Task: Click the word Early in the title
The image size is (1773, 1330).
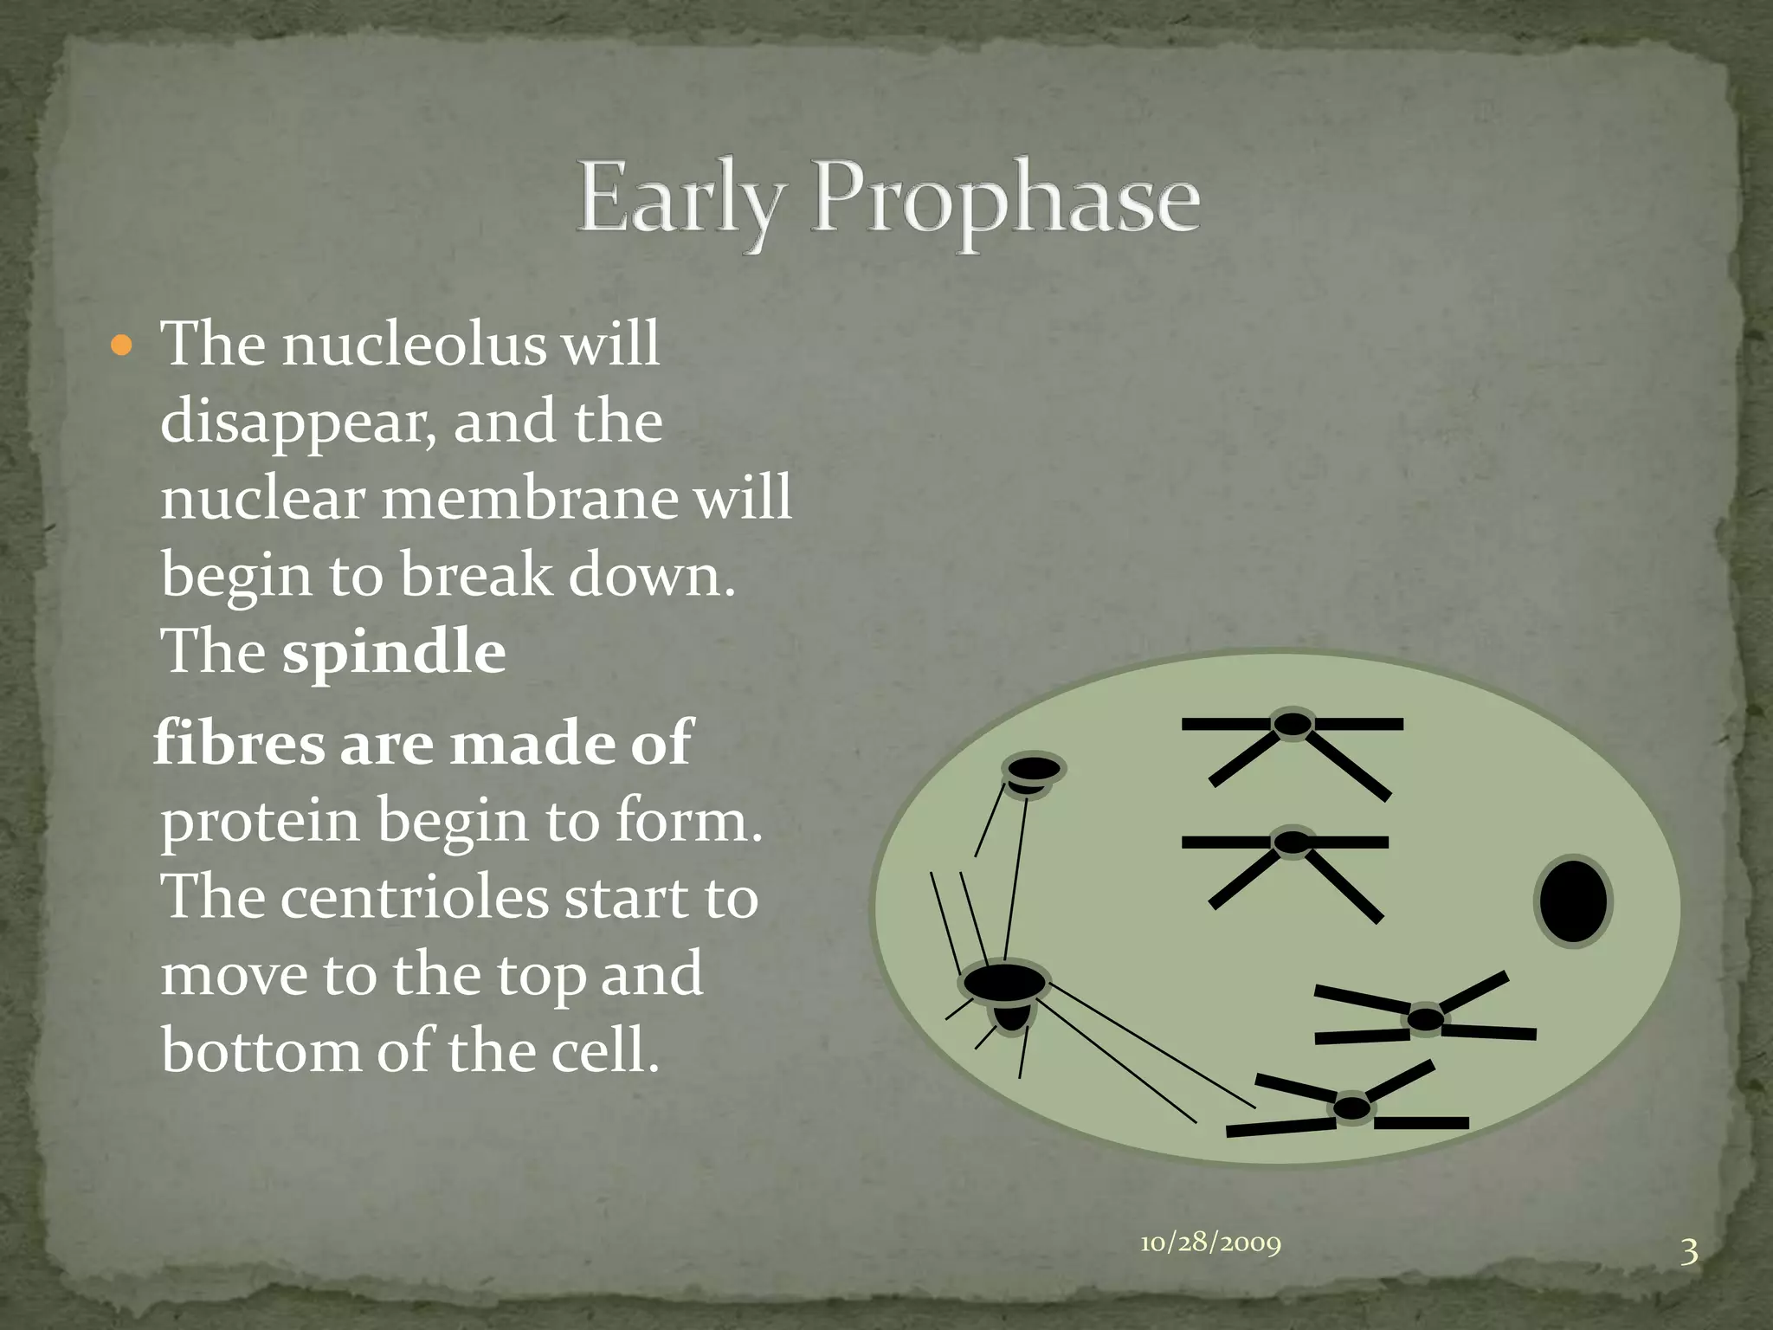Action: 680,199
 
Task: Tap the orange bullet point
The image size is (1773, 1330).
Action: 122,347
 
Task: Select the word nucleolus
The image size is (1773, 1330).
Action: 415,345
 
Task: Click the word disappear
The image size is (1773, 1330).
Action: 298,423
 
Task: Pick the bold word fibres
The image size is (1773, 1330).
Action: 238,743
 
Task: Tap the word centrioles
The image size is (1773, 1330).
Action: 414,898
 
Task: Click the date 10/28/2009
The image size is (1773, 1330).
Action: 1210,1243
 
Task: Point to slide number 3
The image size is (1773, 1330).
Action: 1689,1252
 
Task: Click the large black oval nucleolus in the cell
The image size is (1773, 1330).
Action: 1573,901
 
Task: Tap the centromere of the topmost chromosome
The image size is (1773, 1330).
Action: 1293,724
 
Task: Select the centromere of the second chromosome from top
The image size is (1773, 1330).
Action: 1293,842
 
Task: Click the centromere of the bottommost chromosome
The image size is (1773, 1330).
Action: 1352,1107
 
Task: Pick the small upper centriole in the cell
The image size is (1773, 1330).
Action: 1034,769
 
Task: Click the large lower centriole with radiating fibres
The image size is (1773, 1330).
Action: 1004,984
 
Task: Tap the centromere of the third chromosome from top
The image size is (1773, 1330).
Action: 1425,1019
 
